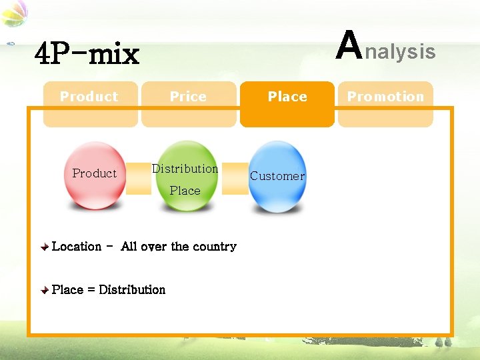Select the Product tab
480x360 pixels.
coord(89,97)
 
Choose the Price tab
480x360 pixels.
coord(188,97)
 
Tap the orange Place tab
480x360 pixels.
coord(287,97)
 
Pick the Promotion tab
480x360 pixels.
coord(385,97)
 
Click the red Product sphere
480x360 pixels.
coord(94,175)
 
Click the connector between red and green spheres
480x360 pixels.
coord(139,179)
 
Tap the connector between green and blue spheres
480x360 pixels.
coord(235,179)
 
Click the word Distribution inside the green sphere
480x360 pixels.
coord(185,169)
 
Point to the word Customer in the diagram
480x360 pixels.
coord(277,176)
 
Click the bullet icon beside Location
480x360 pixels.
coord(44,247)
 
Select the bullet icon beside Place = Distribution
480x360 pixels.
coord(44,291)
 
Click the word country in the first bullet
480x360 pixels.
coord(215,247)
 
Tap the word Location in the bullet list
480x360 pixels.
coord(77,247)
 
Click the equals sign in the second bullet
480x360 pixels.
coord(91,290)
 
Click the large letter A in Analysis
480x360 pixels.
coord(349,45)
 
